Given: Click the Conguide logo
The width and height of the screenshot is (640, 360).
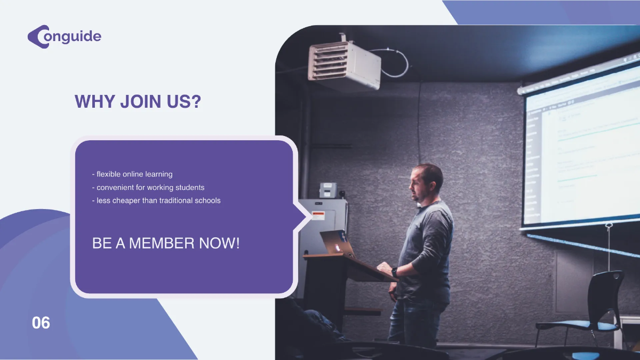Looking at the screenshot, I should tap(64, 37).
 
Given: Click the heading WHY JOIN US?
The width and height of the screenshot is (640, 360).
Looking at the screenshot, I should tap(138, 101).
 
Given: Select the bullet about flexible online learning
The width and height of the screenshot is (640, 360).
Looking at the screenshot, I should tap(132, 174).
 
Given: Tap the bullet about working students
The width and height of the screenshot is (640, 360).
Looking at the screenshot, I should tap(148, 188).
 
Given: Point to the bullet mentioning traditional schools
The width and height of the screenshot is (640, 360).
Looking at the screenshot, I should tap(156, 201).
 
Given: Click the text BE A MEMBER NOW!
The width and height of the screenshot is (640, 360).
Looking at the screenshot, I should tap(166, 244).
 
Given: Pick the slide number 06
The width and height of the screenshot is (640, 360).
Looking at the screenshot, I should tap(41, 323).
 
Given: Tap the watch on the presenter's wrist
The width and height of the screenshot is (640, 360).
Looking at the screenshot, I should tap(395, 272).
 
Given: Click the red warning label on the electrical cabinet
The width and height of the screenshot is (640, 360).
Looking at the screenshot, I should tap(318, 216).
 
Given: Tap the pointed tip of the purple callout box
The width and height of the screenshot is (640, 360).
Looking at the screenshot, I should tap(310, 217).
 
